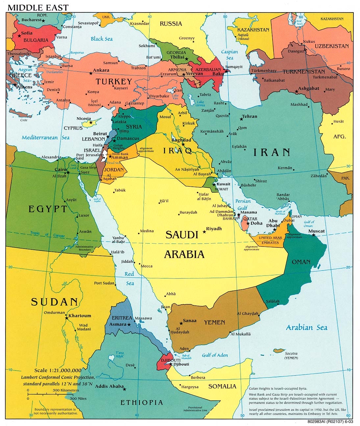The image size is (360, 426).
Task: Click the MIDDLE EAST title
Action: coord(38,7)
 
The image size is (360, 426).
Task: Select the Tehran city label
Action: coord(250,116)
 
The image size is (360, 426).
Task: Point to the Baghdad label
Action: coord(181,140)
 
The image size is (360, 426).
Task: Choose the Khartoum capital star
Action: coord(67,318)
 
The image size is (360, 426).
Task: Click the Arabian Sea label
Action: coord(306,327)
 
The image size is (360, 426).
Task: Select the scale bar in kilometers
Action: coord(53,393)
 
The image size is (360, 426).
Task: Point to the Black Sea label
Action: coord(102,39)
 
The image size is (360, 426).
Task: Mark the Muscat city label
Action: coord(316,231)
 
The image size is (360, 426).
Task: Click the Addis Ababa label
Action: coord(109,386)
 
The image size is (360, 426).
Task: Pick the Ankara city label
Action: coord(101,70)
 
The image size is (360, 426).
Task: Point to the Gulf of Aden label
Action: coord(215,355)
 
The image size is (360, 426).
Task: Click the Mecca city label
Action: coord(147,266)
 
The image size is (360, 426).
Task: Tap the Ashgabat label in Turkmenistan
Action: coord(308,88)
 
